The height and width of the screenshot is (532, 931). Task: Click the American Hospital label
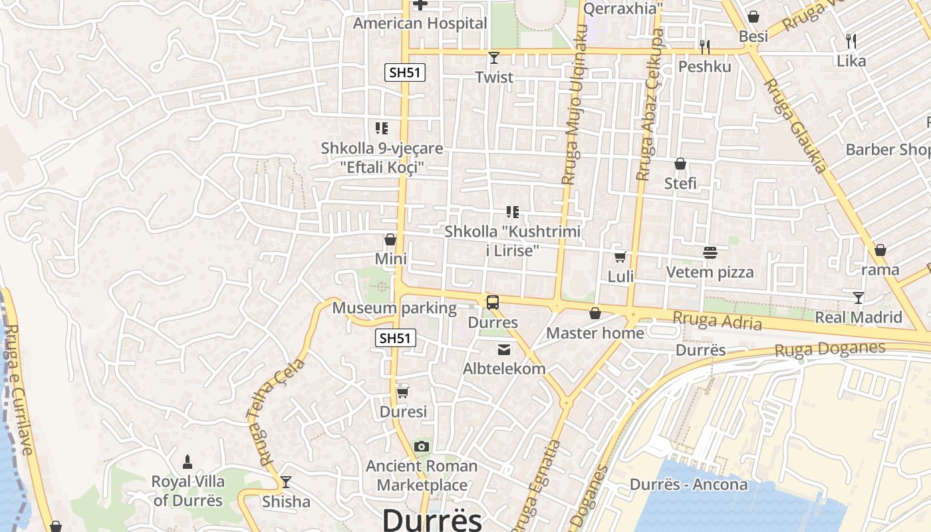[420, 23]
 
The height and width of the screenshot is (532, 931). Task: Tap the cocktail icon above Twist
[493, 58]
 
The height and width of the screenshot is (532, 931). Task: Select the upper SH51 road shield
[404, 72]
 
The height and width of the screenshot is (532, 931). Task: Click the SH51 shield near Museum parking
[395, 338]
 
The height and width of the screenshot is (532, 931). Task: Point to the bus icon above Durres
[493, 303]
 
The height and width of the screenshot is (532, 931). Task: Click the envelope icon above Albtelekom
[504, 350]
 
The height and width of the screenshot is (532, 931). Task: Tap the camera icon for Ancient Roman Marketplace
[422, 447]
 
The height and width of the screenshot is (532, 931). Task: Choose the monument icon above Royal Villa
[188, 462]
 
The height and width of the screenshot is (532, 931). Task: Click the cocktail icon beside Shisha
[286, 482]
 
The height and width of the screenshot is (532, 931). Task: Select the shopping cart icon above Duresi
[402, 392]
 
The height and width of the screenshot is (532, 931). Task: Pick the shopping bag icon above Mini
[390, 239]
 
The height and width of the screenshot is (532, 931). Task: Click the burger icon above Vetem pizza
[710, 253]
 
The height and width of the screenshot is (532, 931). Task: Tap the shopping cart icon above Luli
[620, 257]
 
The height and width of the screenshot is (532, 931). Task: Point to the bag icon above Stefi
[680, 164]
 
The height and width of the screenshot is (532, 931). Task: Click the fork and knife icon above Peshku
[705, 47]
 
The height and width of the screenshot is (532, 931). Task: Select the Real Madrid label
[859, 317]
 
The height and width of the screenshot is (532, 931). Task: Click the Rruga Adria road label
[717, 320]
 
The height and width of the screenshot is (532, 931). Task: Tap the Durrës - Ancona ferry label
[688, 484]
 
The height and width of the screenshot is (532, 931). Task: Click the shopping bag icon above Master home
[595, 313]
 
